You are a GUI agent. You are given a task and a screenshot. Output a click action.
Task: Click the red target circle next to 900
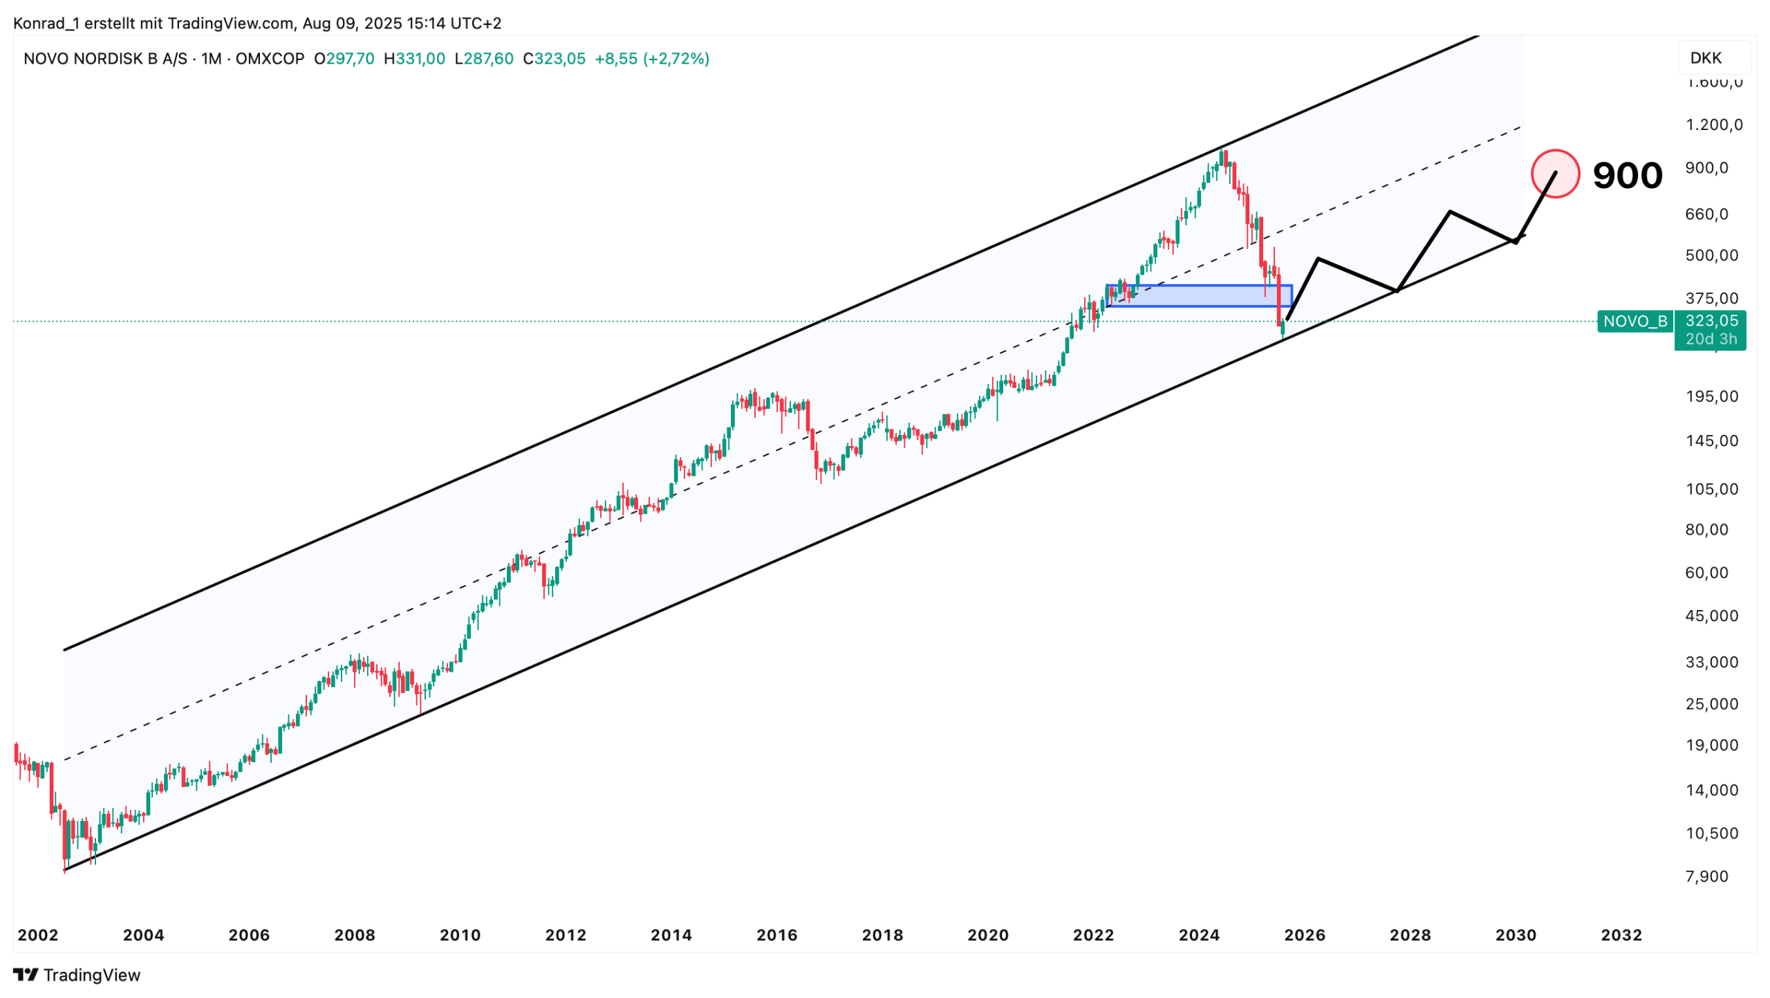point(1554,174)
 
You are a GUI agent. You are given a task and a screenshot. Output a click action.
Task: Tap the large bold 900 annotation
point(1627,176)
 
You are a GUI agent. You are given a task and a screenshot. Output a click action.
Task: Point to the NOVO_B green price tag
point(1634,321)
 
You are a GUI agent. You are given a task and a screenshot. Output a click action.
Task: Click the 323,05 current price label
point(1711,321)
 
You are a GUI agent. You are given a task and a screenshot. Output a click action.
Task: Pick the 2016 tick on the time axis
point(776,935)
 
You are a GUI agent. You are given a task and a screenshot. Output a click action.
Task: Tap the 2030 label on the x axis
point(1516,935)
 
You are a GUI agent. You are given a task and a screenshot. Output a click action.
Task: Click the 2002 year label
point(38,935)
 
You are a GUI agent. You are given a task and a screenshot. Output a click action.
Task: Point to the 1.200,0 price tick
point(1714,124)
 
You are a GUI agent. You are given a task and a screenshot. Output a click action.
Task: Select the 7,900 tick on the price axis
point(1706,876)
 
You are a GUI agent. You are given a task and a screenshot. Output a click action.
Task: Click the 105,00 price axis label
point(1711,489)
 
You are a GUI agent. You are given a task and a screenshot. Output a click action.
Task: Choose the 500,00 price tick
point(1711,255)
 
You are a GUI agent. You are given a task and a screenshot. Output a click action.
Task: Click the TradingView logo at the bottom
point(77,974)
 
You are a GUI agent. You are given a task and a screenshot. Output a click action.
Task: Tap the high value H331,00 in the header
point(414,59)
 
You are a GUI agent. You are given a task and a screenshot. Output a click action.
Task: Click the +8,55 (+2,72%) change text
point(652,59)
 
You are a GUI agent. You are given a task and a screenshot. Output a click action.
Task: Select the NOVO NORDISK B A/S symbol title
point(105,59)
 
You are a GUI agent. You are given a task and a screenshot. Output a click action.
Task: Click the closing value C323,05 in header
point(554,59)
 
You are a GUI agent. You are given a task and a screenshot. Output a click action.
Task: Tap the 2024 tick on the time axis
point(1199,935)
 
